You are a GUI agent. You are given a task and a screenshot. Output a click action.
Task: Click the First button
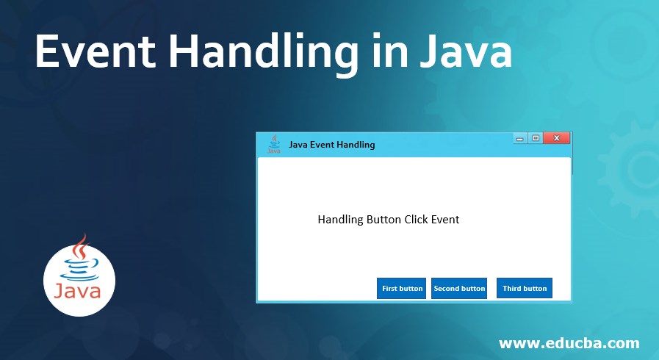tap(402, 288)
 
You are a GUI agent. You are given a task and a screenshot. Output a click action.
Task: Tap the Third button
tap(525, 288)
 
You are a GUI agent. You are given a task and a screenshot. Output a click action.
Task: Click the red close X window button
tap(556, 138)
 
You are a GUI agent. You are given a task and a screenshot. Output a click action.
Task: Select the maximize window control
tap(536, 138)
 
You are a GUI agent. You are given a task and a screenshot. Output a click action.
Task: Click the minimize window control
tap(520, 138)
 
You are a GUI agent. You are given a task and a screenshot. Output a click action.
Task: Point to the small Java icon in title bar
tap(273, 144)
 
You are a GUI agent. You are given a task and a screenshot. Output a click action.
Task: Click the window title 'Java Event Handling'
tap(332, 145)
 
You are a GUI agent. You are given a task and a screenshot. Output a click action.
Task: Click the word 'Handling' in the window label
tap(340, 220)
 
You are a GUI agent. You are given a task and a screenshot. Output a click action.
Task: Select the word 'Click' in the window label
tap(417, 219)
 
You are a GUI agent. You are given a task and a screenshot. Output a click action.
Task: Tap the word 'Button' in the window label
tap(384, 219)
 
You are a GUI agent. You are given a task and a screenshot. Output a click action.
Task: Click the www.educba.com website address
tap(569, 343)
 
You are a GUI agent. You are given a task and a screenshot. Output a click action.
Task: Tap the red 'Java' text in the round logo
tap(78, 292)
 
